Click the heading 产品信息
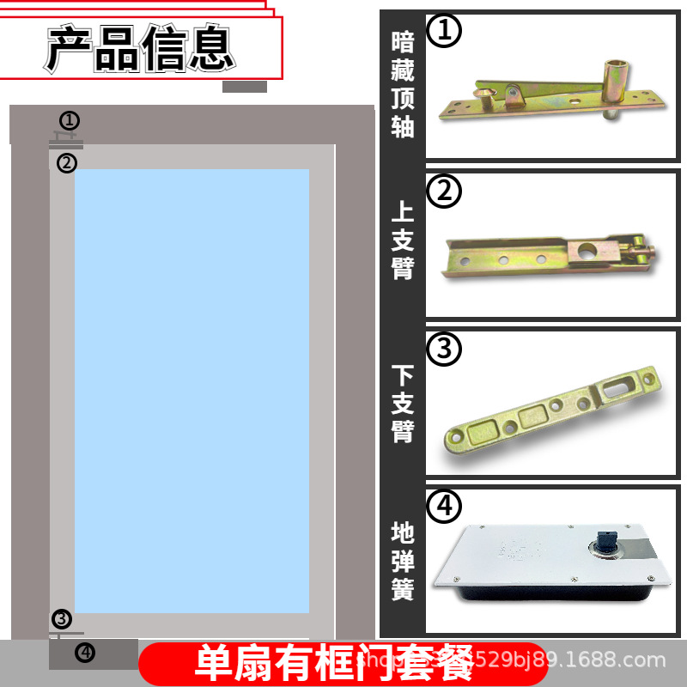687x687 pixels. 140,48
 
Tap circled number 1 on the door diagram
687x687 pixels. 70,120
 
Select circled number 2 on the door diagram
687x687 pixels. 67,162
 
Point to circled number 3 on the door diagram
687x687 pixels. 62,618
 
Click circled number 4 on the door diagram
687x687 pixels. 84,653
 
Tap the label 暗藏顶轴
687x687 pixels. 402,84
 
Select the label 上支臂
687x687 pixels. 402,240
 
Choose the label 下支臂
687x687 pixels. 402,404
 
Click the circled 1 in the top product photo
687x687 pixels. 444,32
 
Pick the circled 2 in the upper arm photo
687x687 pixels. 444,192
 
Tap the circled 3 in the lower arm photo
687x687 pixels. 444,349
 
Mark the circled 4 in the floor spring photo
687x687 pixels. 444,506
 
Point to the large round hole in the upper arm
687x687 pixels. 587,252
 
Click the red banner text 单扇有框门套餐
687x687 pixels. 335,664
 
